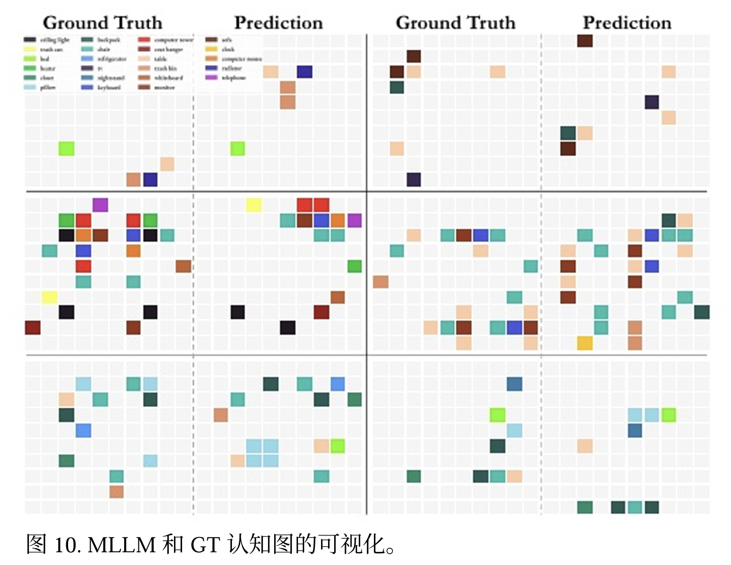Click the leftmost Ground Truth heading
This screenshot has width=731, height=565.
[x=102, y=23]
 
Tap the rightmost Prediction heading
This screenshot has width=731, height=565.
[x=627, y=23]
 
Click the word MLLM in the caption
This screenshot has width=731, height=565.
[x=122, y=545]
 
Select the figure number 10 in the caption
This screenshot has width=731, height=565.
[x=65, y=545]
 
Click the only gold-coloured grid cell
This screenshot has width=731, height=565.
[x=584, y=343]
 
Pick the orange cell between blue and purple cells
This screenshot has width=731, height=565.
[x=338, y=220]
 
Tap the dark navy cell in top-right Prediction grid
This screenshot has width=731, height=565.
[x=652, y=102]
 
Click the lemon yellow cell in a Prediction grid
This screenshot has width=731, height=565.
[x=254, y=205]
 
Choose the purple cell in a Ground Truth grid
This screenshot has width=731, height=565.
[x=100, y=205]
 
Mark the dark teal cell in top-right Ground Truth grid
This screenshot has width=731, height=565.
[x=397, y=87]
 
